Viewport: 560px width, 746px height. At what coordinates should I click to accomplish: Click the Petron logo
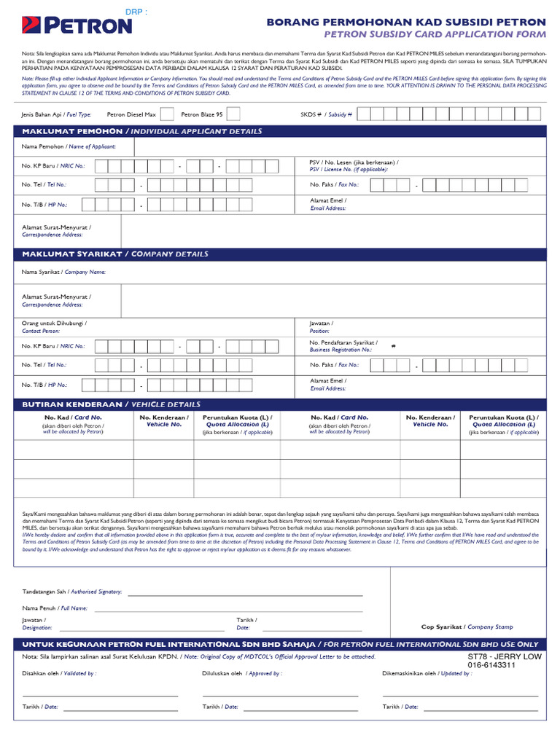pos(77,26)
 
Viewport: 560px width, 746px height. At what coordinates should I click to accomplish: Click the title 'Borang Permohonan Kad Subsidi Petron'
pos(406,23)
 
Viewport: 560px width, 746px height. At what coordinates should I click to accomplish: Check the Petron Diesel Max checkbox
pos(167,114)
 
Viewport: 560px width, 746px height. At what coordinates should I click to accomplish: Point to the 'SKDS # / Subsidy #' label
pos(326,114)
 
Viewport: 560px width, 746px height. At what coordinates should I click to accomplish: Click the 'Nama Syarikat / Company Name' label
pos(63,272)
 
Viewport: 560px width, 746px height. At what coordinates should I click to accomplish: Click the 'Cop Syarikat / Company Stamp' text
pos(467,627)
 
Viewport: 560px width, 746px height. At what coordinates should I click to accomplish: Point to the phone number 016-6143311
pos(491,665)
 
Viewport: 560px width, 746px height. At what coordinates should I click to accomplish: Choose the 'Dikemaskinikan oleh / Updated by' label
pos(427,674)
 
